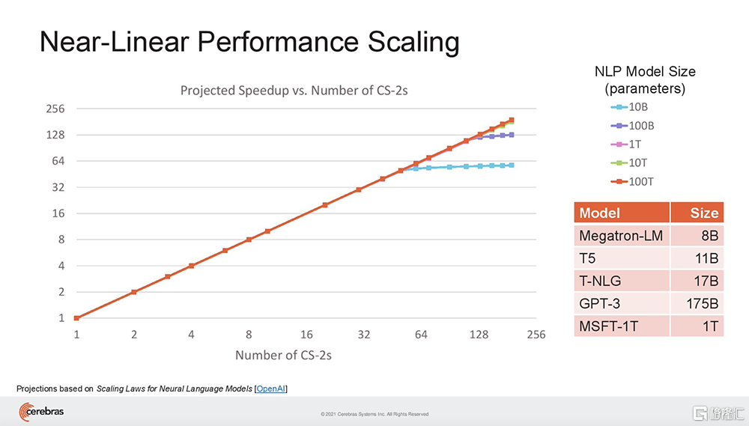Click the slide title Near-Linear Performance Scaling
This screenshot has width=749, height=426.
pyautogui.click(x=249, y=42)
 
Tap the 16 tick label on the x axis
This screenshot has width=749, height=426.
pyautogui.click(x=306, y=335)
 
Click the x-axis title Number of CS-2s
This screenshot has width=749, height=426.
pyautogui.click(x=283, y=355)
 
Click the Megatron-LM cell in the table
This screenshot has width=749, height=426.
pyautogui.click(x=621, y=237)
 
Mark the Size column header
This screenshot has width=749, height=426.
pyautogui.click(x=704, y=213)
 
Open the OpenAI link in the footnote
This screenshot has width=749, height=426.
pyautogui.click(x=271, y=389)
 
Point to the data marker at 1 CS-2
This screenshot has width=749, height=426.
pyautogui.click(x=76, y=318)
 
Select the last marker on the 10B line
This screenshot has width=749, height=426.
pyautogui.click(x=512, y=165)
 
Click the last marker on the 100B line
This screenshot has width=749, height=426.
pyautogui.click(x=512, y=135)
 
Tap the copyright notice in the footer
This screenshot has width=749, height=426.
pyautogui.click(x=374, y=414)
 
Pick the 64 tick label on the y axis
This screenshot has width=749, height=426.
pyautogui.click(x=56, y=161)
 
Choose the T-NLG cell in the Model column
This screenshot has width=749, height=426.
pyautogui.click(x=600, y=282)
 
